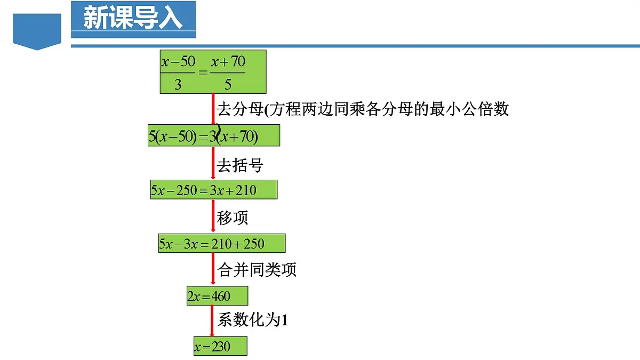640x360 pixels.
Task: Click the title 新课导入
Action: point(133,20)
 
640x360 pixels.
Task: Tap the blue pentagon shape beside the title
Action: point(37,31)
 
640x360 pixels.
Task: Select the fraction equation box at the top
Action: point(213,71)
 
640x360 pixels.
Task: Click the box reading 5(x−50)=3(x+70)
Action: point(214,135)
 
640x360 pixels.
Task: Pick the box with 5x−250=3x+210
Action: point(213,190)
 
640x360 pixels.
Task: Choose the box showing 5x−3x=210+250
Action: point(221,243)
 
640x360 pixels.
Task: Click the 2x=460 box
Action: point(217,295)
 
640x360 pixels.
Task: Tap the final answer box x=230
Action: point(220,346)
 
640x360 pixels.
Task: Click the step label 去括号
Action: point(240,165)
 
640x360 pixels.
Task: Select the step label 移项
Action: point(232,218)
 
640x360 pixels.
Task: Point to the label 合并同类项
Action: point(257,270)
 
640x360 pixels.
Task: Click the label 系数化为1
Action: point(253,320)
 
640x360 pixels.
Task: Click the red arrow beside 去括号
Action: point(213,163)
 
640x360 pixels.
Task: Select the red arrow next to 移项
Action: point(213,216)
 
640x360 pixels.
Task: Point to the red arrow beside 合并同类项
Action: point(213,269)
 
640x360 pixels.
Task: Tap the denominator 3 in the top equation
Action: point(178,84)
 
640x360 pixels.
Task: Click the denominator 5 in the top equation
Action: point(228,84)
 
